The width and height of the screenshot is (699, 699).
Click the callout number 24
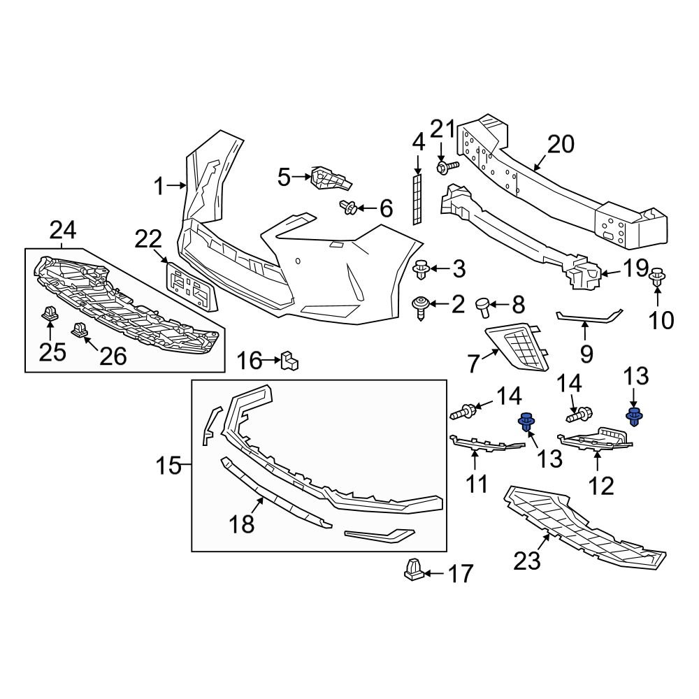pyautogui.click(x=63, y=229)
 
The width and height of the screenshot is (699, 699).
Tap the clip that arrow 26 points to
pyautogui.click(x=78, y=329)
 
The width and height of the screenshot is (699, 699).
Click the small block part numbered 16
pyautogui.click(x=289, y=361)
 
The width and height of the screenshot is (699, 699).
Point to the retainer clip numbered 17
pyautogui.click(x=413, y=570)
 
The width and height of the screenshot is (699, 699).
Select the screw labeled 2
pyautogui.click(x=421, y=305)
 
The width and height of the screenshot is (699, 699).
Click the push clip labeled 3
pyautogui.click(x=421, y=268)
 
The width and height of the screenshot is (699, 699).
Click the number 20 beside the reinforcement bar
pyautogui.click(x=560, y=145)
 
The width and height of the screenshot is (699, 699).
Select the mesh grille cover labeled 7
pyautogui.click(x=520, y=346)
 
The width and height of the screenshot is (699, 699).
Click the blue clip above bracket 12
pyautogui.click(x=634, y=418)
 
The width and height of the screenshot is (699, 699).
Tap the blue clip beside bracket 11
pyautogui.click(x=525, y=422)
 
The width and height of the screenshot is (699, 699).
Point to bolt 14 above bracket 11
pyautogui.click(x=464, y=412)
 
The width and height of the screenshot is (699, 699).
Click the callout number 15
pyautogui.click(x=168, y=465)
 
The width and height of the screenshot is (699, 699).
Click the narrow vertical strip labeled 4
pyautogui.click(x=417, y=200)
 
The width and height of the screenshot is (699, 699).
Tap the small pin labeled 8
pyautogui.click(x=483, y=305)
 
